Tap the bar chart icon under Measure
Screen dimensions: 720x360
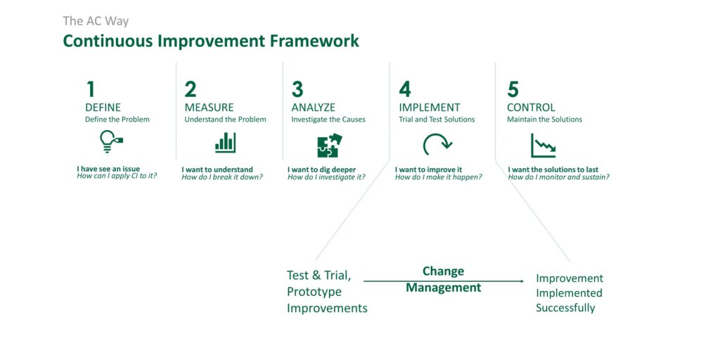(225, 143)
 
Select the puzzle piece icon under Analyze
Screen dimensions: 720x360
(330, 145)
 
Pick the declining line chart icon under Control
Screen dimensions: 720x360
(543, 145)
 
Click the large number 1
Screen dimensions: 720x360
(91, 89)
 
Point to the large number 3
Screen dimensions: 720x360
(297, 89)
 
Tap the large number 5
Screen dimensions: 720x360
(513, 89)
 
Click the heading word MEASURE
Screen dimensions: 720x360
(209, 108)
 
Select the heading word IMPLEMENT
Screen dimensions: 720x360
(430, 108)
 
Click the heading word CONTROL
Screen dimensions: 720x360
(531, 108)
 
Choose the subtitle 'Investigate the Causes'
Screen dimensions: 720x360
(328, 120)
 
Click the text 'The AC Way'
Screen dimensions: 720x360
(96, 21)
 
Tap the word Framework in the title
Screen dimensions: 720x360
(314, 41)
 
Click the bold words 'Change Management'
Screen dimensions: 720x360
(444, 279)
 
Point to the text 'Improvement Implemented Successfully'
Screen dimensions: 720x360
(570, 293)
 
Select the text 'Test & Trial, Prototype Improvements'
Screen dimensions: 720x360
(327, 292)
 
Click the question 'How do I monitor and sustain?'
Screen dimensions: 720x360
(559, 176)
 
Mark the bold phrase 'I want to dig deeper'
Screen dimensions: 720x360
(321, 170)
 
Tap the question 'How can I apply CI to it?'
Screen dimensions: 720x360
(117, 175)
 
